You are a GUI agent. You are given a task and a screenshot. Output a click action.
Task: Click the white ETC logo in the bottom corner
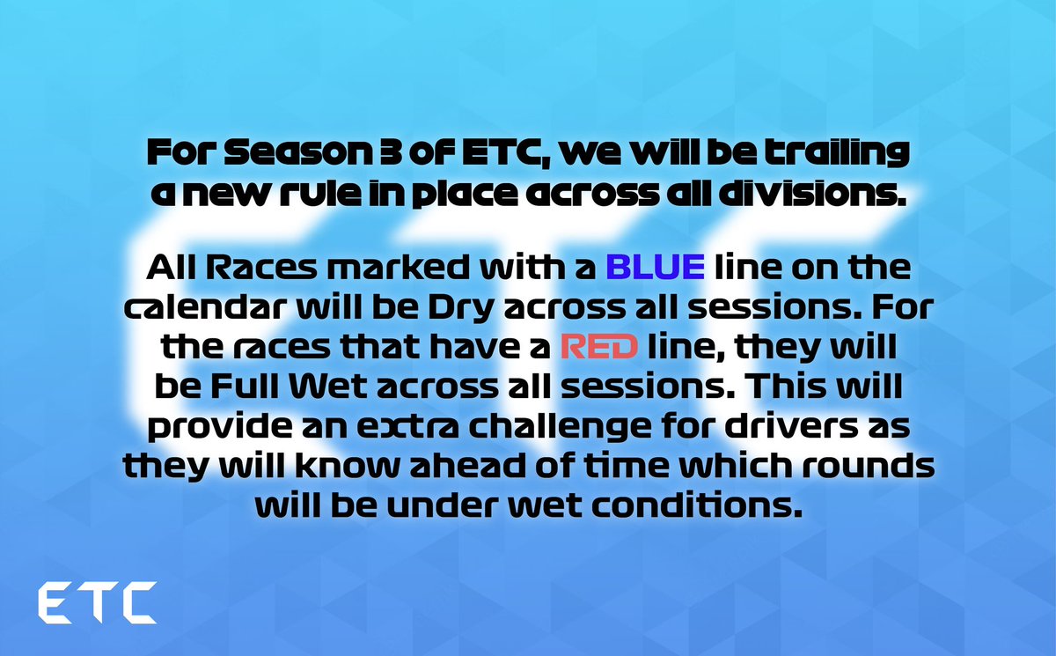97,603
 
